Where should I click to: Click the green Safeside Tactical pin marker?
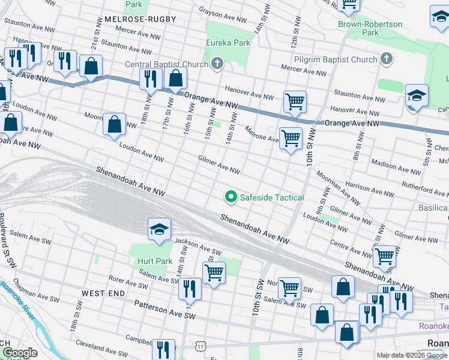click(x=230, y=196)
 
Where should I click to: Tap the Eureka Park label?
click(x=228, y=43)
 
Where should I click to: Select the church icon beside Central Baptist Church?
click(x=217, y=64)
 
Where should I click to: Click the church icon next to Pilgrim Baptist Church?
click(x=387, y=59)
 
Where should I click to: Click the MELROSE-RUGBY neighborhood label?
click(x=131, y=19)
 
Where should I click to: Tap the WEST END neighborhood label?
click(x=103, y=293)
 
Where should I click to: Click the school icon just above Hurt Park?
click(x=160, y=230)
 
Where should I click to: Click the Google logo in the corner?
click(x=19, y=353)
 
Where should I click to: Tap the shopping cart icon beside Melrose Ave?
click(x=291, y=138)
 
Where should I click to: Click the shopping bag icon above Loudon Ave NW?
click(x=114, y=125)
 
